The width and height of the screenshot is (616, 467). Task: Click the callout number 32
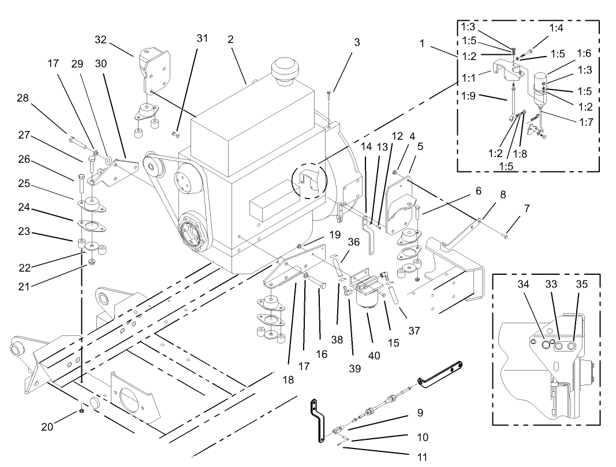[102, 39]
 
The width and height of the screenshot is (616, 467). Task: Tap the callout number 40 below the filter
[374, 355]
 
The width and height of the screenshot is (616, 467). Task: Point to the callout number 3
[357, 42]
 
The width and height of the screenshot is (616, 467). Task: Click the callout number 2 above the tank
[230, 39]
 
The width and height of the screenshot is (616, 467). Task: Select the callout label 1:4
[556, 27]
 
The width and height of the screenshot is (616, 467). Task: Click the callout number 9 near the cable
[420, 413]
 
